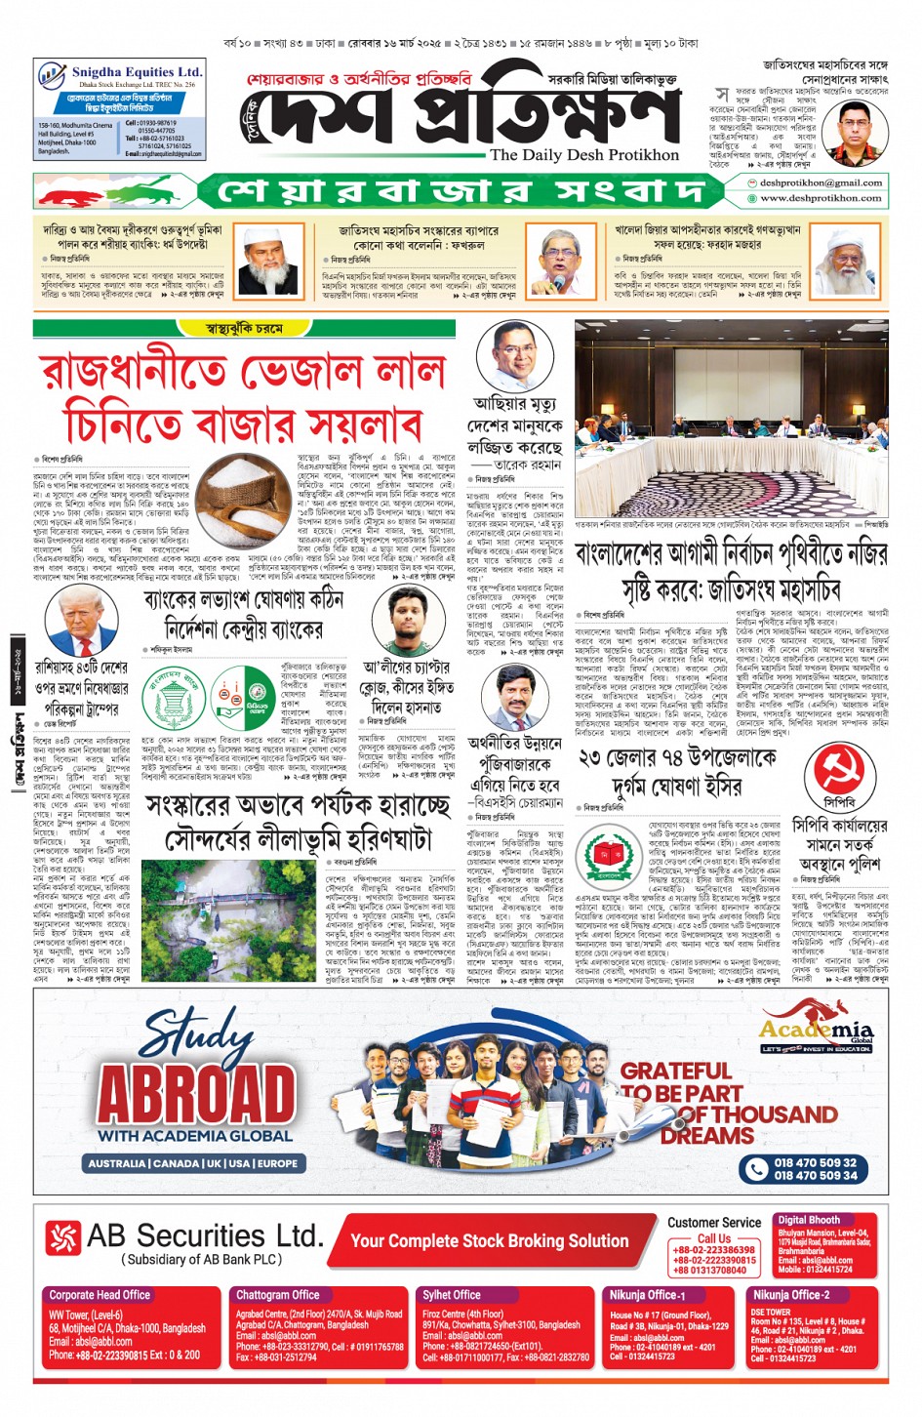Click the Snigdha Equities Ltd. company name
pos(136,72)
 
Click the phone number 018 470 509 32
pos(815,1162)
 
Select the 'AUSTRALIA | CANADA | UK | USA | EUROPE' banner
pos(192,1163)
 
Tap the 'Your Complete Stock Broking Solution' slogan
pos(489,1241)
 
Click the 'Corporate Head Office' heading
pos(100,1295)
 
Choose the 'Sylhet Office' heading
pos(452,1295)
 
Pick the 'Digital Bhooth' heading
pos(808,1220)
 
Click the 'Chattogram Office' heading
pos(278,1295)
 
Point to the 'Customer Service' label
pos(714,1223)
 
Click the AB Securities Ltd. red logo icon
pos(63,1238)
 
